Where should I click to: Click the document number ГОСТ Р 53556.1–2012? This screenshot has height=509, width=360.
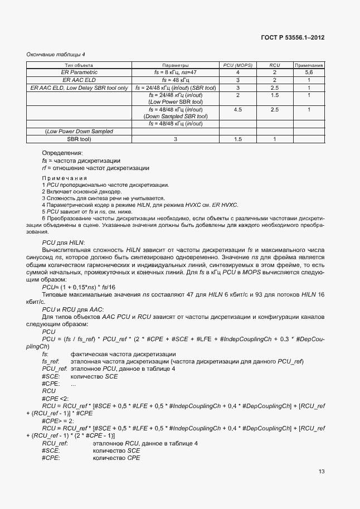pos(293,38)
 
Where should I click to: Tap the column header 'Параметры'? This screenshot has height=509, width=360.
pos(175,65)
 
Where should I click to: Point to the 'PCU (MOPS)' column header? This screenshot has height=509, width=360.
pos(237,65)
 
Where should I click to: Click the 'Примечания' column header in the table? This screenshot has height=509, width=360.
pos(309,65)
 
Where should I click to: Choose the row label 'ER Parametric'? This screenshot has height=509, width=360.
pos(79,72)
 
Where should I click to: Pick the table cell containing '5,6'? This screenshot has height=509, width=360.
pos(309,72)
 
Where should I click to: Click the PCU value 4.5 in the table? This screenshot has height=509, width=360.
pos(237,110)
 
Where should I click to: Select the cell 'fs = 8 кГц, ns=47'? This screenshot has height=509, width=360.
pos(175,72)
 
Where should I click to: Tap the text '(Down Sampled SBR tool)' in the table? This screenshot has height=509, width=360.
pos(175,117)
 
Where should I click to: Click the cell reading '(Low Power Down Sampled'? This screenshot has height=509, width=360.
pos(79,132)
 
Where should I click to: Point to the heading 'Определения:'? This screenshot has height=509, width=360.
pos(62,153)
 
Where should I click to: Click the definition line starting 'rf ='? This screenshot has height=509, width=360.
pos(95,168)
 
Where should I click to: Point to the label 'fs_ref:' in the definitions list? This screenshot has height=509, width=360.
pos(51,362)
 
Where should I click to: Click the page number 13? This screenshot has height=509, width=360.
pos(322,472)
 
